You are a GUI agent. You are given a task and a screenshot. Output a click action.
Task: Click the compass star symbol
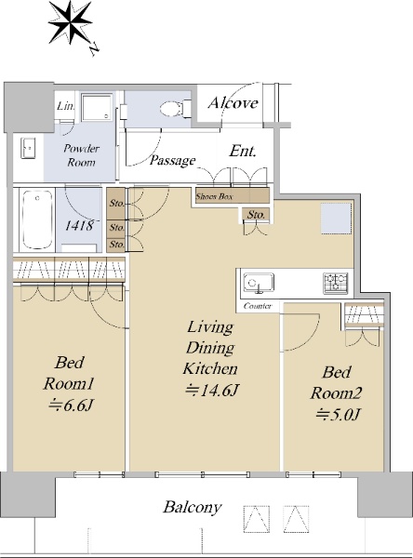(70, 22)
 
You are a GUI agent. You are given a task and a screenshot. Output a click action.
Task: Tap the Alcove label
(233, 103)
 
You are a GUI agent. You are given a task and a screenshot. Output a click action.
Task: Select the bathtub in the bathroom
(37, 219)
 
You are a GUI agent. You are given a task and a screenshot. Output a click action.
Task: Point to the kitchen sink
(259, 283)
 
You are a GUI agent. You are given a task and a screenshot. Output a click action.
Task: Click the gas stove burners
(336, 283)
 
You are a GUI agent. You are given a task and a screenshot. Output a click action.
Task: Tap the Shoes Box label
(214, 196)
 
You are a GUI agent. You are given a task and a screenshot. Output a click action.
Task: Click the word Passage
(172, 161)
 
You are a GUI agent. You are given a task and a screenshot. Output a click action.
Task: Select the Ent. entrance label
(243, 152)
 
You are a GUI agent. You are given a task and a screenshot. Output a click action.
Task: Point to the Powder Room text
(82, 155)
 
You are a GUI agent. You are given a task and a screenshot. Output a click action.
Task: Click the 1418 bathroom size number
(80, 225)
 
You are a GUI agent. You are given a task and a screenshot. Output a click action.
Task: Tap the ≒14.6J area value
(211, 391)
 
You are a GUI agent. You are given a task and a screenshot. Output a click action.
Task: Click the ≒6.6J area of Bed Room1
(71, 405)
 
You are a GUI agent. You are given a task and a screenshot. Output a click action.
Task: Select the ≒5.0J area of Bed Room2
(338, 415)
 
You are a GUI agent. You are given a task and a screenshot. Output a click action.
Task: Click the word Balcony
(193, 507)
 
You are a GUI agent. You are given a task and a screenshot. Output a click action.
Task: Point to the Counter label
(258, 306)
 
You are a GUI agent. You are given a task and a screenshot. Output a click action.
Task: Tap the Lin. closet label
(66, 106)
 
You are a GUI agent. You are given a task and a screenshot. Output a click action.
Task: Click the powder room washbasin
(28, 148)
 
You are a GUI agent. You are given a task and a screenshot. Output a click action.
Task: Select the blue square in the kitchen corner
(336, 219)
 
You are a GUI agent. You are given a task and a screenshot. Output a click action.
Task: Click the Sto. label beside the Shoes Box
(256, 215)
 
